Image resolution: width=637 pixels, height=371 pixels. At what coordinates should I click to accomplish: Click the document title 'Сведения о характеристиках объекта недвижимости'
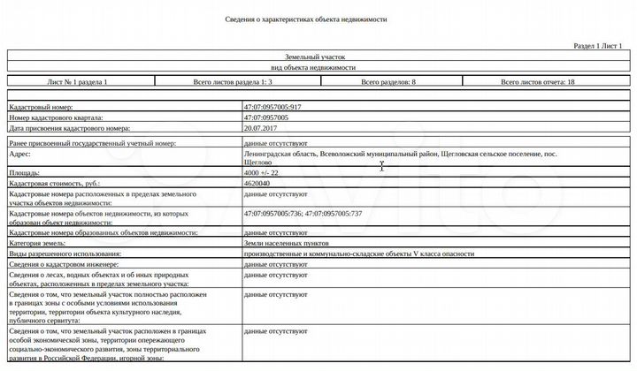tap(318, 19)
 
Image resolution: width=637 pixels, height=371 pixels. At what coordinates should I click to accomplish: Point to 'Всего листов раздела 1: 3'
tap(232, 81)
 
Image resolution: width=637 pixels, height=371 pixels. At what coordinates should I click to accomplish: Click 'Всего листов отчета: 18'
tap(537, 81)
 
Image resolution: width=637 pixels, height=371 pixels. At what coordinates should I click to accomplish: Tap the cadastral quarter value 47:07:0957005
tap(270, 117)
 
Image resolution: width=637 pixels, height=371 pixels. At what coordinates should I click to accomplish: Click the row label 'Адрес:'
tap(20, 153)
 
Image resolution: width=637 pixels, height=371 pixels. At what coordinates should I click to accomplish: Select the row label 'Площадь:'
tap(25, 173)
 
